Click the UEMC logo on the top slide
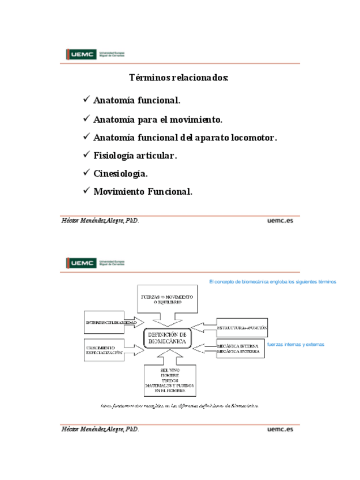point(96,54)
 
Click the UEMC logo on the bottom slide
point(96,263)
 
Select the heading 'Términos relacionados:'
point(179,78)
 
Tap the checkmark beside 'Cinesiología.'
point(87,172)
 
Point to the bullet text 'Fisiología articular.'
point(135,155)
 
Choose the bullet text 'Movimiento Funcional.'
point(143,191)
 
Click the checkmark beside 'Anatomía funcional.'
point(87,100)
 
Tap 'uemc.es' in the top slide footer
point(280,221)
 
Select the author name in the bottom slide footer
point(100,430)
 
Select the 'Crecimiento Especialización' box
point(105,350)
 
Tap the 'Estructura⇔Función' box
point(242,327)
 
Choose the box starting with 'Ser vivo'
point(170,380)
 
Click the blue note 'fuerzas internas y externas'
point(295,344)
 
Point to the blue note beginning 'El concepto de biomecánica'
point(273,281)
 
